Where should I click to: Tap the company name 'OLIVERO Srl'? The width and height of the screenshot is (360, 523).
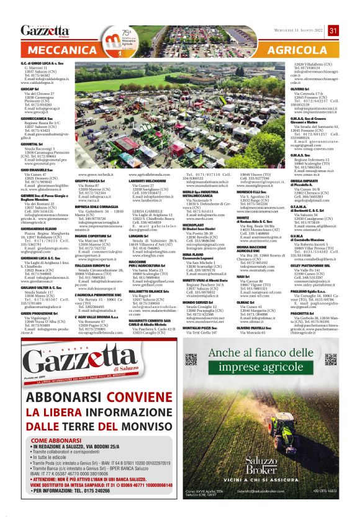pyautogui.click(x=302, y=89)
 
